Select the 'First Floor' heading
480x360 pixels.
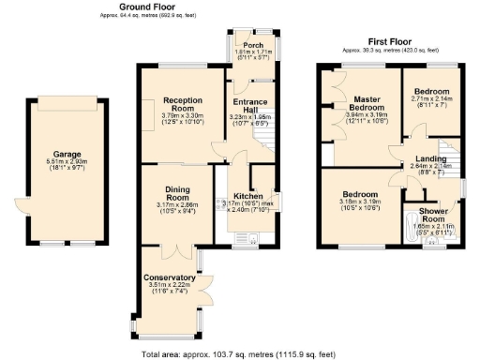(390, 41)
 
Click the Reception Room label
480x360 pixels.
(182, 104)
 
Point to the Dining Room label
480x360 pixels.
(178, 193)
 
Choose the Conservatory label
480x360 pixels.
(170, 278)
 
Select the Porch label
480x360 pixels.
(252, 45)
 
